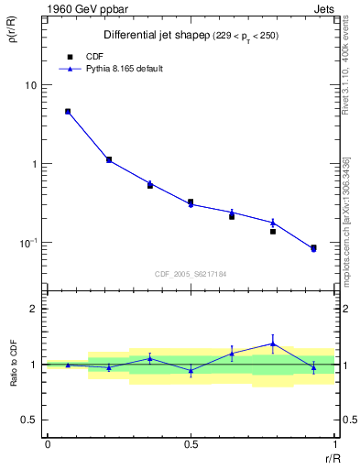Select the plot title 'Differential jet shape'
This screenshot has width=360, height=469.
[x=147, y=35]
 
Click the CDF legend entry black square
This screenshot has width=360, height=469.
[x=70, y=56]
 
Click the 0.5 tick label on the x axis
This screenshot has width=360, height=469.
[x=191, y=445]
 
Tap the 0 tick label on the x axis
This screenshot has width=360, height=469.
[x=47, y=445]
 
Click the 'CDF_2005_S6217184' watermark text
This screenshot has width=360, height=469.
[x=191, y=274]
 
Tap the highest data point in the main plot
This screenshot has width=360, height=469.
[x=68, y=112]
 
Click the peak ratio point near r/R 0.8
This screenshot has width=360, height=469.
[x=272, y=344]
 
